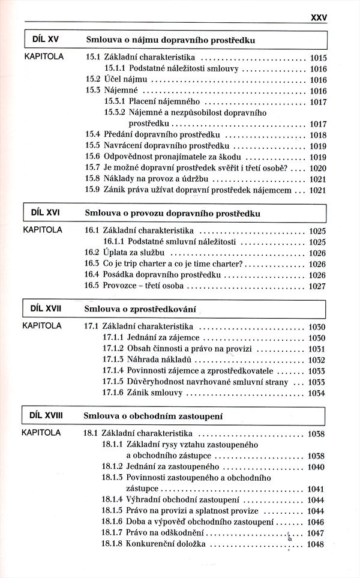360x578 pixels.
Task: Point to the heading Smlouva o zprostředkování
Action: click(142, 309)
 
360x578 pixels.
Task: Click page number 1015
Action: click(317, 59)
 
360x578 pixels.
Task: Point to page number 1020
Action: click(317, 167)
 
